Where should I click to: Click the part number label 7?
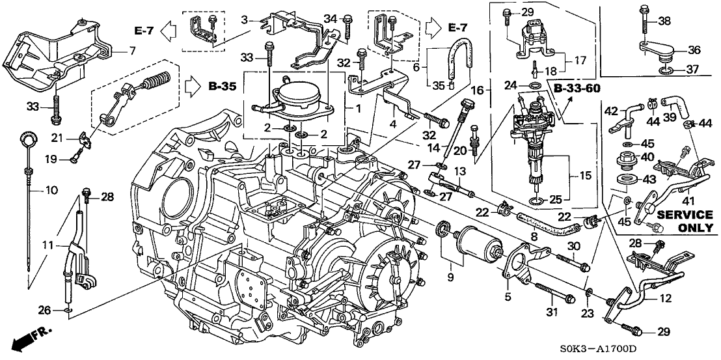131,49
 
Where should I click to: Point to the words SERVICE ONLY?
685,221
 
